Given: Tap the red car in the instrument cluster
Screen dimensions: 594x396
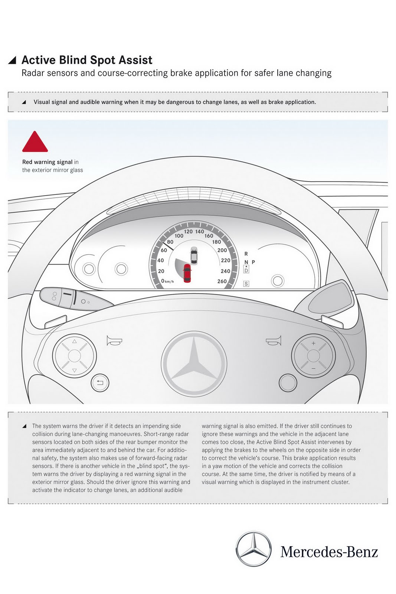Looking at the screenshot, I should (x=187, y=273).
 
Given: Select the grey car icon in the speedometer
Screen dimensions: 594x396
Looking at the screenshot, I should (x=194, y=255).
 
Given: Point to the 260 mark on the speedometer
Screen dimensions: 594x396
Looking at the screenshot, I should (x=222, y=281).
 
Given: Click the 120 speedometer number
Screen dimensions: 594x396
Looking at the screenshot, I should (x=188, y=232).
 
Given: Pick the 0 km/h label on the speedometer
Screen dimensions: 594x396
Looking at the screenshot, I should (x=167, y=281).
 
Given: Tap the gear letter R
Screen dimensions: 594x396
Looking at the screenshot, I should (x=246, y=254).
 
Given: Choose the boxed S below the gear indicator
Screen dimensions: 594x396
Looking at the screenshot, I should (x=246, y=284).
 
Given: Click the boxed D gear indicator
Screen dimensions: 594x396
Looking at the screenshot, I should (x=246, y=270).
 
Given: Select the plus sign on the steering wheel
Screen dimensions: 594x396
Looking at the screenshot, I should (x=313, y=343).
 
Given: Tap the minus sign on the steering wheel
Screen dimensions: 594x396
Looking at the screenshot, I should (x=313, y=368).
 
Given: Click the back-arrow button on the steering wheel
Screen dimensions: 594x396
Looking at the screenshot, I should (x=100, y=382).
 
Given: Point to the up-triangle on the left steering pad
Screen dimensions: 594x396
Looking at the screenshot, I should (x=74, y=341).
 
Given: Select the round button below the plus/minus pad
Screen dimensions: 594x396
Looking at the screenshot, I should (x=288, y=382).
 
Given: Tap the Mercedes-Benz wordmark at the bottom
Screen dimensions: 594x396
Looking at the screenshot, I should (x=329, y=552).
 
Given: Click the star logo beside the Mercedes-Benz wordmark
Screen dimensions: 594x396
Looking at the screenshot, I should (x=254, y=549).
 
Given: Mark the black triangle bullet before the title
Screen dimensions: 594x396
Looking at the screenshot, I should (x=13, y=60).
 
